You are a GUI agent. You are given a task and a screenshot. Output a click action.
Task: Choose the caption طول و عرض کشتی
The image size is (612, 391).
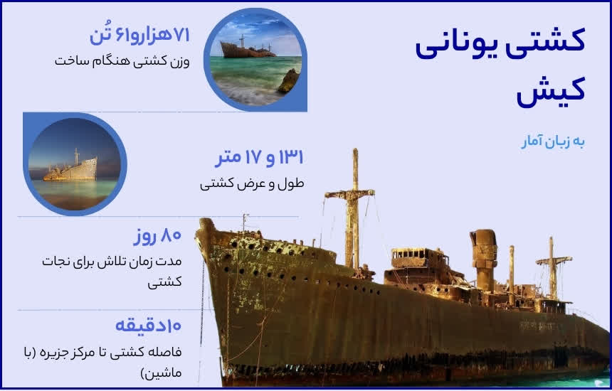[x=252, y=184]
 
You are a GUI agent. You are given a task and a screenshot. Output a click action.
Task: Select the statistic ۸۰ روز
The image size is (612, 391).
[x=157, y=235]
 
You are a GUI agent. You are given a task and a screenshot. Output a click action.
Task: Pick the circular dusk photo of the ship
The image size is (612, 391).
[x=74, y=164]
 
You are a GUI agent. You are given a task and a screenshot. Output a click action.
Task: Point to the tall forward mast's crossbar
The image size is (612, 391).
[x=350, y=193]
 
